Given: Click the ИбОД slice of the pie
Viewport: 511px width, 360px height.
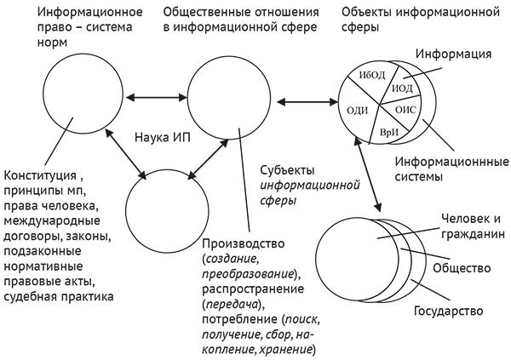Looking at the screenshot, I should coord(373,75).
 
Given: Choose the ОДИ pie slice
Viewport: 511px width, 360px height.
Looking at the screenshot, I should coord(358,109).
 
